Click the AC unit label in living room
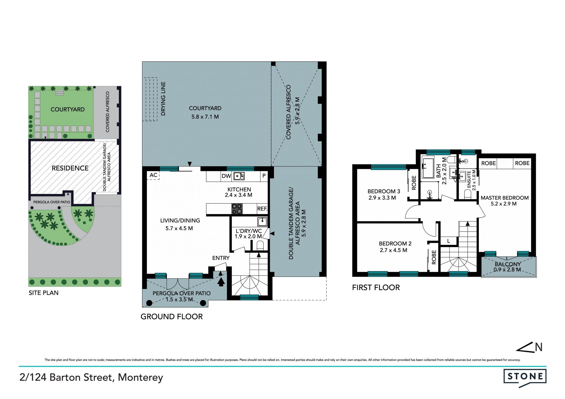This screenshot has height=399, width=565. tap(153, 175)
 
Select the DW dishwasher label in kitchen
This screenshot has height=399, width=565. tap(226, 176)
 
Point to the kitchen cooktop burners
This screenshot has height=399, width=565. tap(237, 209)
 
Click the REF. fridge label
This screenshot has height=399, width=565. tap(262, 209)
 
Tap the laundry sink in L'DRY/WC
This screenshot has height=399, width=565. tap(262, 221)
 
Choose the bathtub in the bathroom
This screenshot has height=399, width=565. tap(428, 168)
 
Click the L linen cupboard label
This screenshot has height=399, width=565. tap(448, 241)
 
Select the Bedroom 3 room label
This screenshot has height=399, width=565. tap(384, 191)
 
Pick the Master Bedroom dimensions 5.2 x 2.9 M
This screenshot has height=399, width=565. tap(503, 204)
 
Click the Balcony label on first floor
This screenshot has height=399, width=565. tap(508, 264)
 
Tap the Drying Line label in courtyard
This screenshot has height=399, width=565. tap(163, 99)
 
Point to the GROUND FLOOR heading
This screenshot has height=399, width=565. tap(172, 317)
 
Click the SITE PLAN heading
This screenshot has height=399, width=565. tap(44, 293)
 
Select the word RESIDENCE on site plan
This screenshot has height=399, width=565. tap(70, 168)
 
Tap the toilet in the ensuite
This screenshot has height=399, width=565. tap(467, 194)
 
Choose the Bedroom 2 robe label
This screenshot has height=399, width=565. tap(434, 257)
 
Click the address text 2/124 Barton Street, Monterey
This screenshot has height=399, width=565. tap(91, 377)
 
